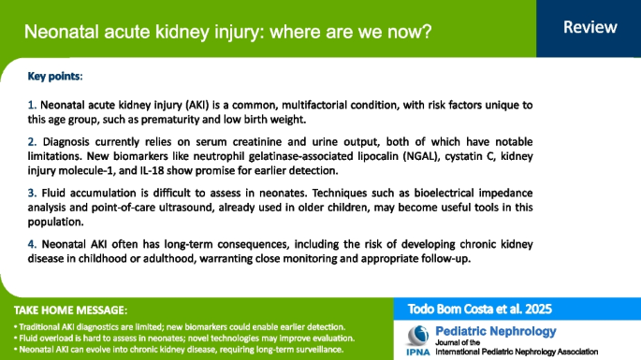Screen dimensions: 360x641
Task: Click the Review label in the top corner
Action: click(x=589, y=28)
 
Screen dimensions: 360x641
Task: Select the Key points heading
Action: click(x=54, y=74)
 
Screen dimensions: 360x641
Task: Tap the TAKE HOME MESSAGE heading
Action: click(x=70, y=310)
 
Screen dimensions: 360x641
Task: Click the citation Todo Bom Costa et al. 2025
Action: click(x=476, y=309)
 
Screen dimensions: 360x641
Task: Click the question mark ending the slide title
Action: click(x=426, y=32)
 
